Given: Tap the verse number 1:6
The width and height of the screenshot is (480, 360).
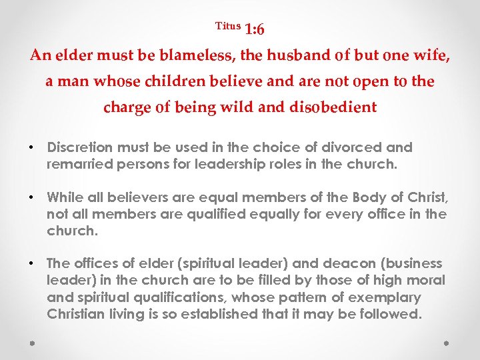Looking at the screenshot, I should [255, 29].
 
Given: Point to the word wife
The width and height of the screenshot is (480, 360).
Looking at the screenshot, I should [434, 55].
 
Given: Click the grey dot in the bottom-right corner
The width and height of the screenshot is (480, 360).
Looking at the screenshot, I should [446, 343].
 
